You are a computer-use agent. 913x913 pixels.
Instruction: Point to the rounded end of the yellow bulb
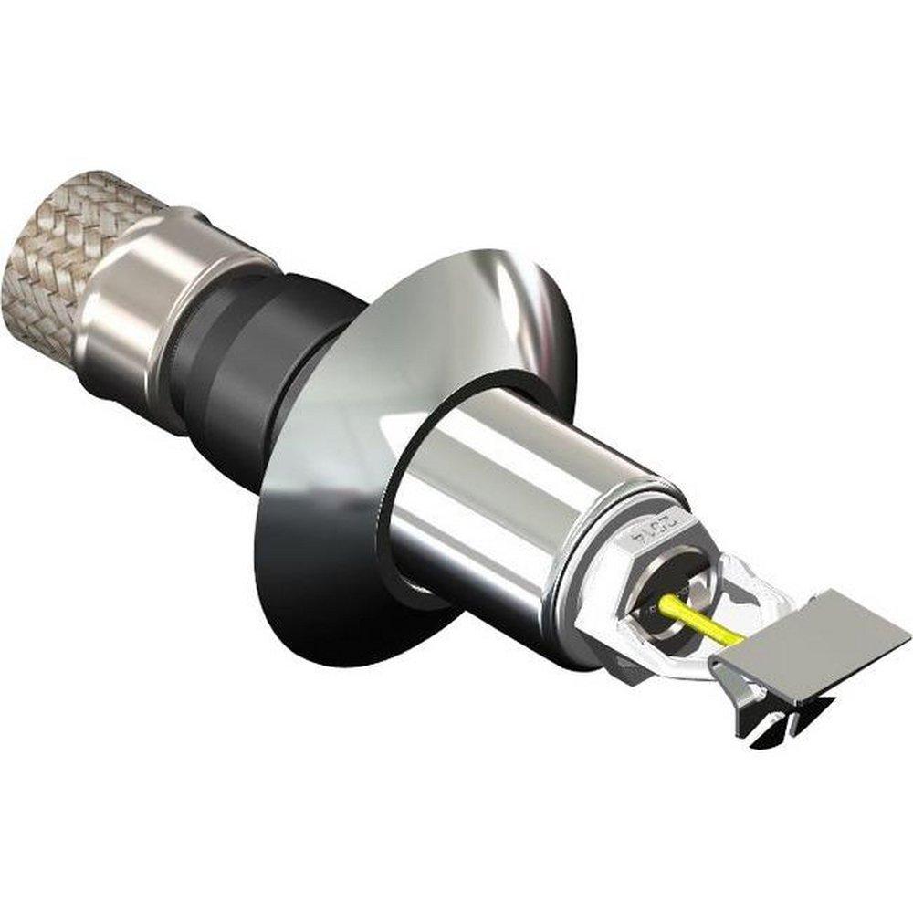tap(666, 602)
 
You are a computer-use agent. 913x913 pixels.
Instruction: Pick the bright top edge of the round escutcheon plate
tap(475, 260)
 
